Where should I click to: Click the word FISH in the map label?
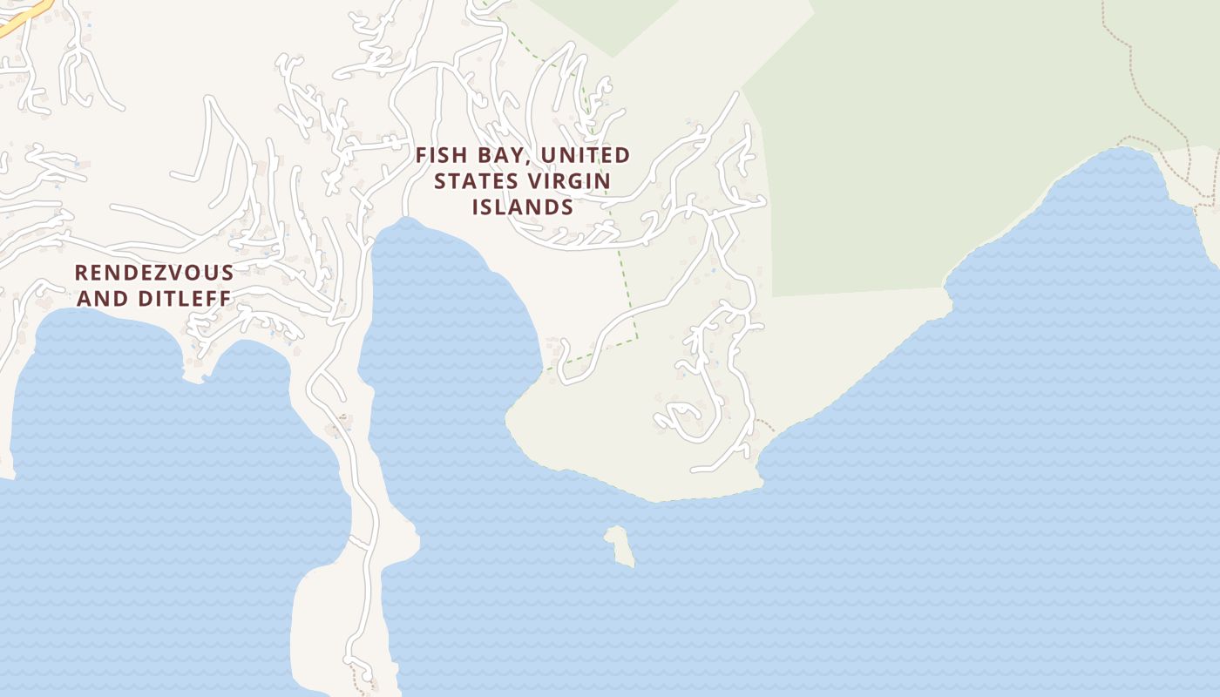442,155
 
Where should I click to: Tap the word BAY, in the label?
503,155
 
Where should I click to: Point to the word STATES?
475,181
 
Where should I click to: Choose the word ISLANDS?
523,207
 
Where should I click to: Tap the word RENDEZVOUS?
154,273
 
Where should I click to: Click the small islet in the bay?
619,545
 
